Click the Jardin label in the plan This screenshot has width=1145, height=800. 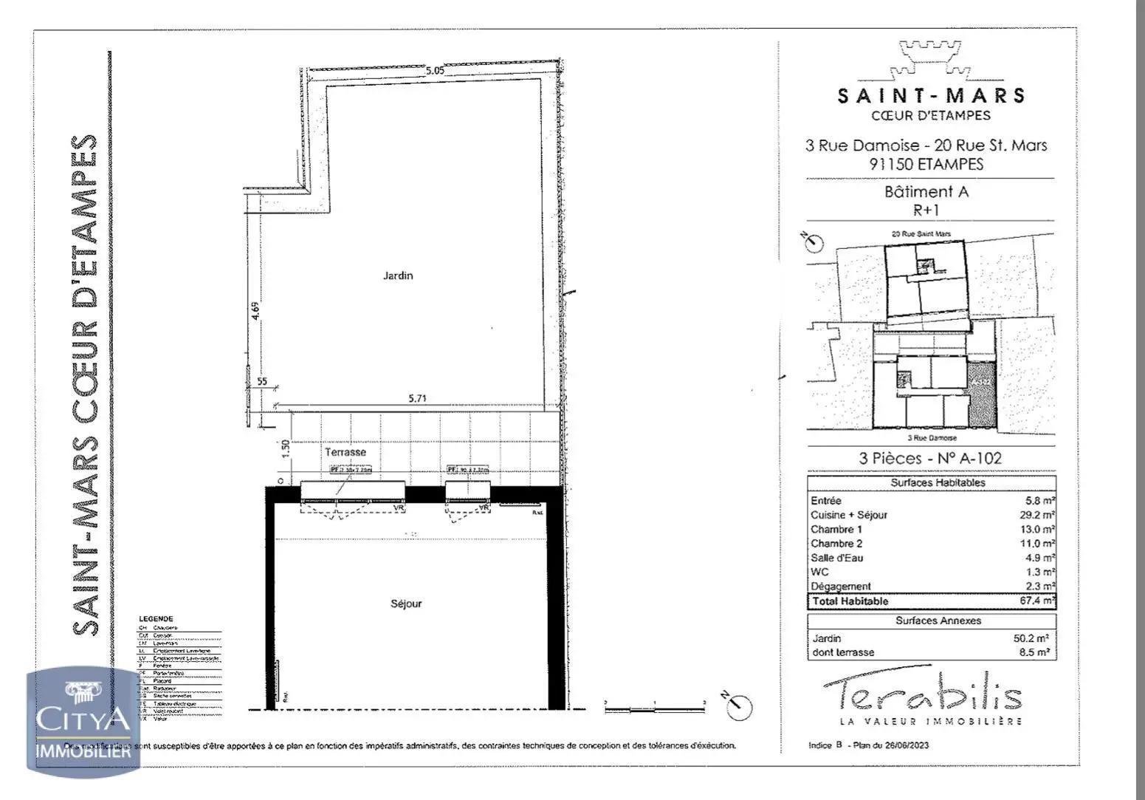tap(398, 276)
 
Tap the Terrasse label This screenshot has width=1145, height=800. tap(345, 451)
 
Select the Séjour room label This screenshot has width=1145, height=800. tap(406, 604)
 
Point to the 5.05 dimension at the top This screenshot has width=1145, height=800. tap(436, 71)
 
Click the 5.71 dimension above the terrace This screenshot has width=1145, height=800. tap(418, 398)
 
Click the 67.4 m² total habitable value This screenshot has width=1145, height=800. tap(1037, 601)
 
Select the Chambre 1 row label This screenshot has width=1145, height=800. tap(836, 529)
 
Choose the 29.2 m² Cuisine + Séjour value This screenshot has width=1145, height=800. tap(1037, 515)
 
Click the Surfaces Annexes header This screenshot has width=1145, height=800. tap(938, 620)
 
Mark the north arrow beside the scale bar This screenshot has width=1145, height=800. tap(739, 707)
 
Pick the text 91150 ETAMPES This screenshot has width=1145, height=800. tap(926, 164)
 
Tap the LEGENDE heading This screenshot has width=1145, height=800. tap(156, 619)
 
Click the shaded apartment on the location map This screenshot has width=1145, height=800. tap(981, 394)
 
